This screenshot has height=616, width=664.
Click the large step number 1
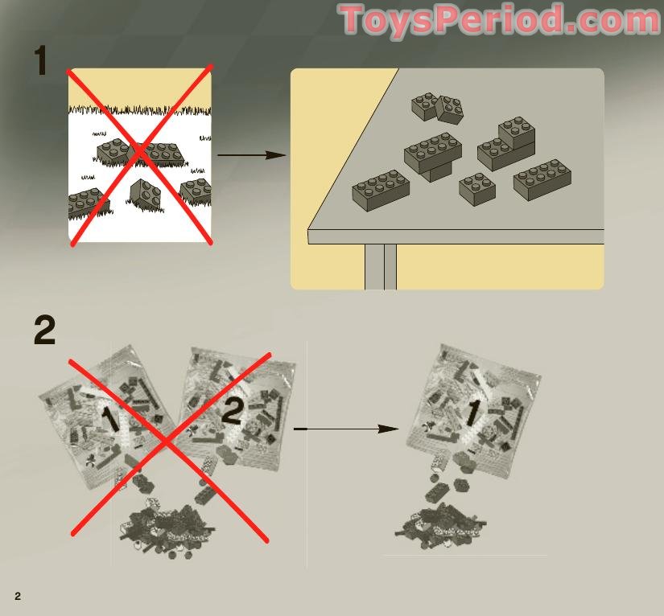click(41, 61)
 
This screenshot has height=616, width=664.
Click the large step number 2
click(45, 331)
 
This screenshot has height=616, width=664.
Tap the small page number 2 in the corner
click(18, 596)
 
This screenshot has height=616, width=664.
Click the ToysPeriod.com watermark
click(499, 20)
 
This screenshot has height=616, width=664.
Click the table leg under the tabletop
click(381, 266)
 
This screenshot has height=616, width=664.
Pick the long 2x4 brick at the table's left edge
click(381, 191)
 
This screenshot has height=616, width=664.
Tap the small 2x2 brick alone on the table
click(477, 189)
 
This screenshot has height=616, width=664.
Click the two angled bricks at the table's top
click(437, 108)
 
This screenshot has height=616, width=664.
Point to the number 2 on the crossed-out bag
click(231, 411)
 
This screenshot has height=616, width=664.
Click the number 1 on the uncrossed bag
click(472, 413)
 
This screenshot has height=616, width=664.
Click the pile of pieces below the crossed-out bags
click(169, 527)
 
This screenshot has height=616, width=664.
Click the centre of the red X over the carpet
click(140, 155)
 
